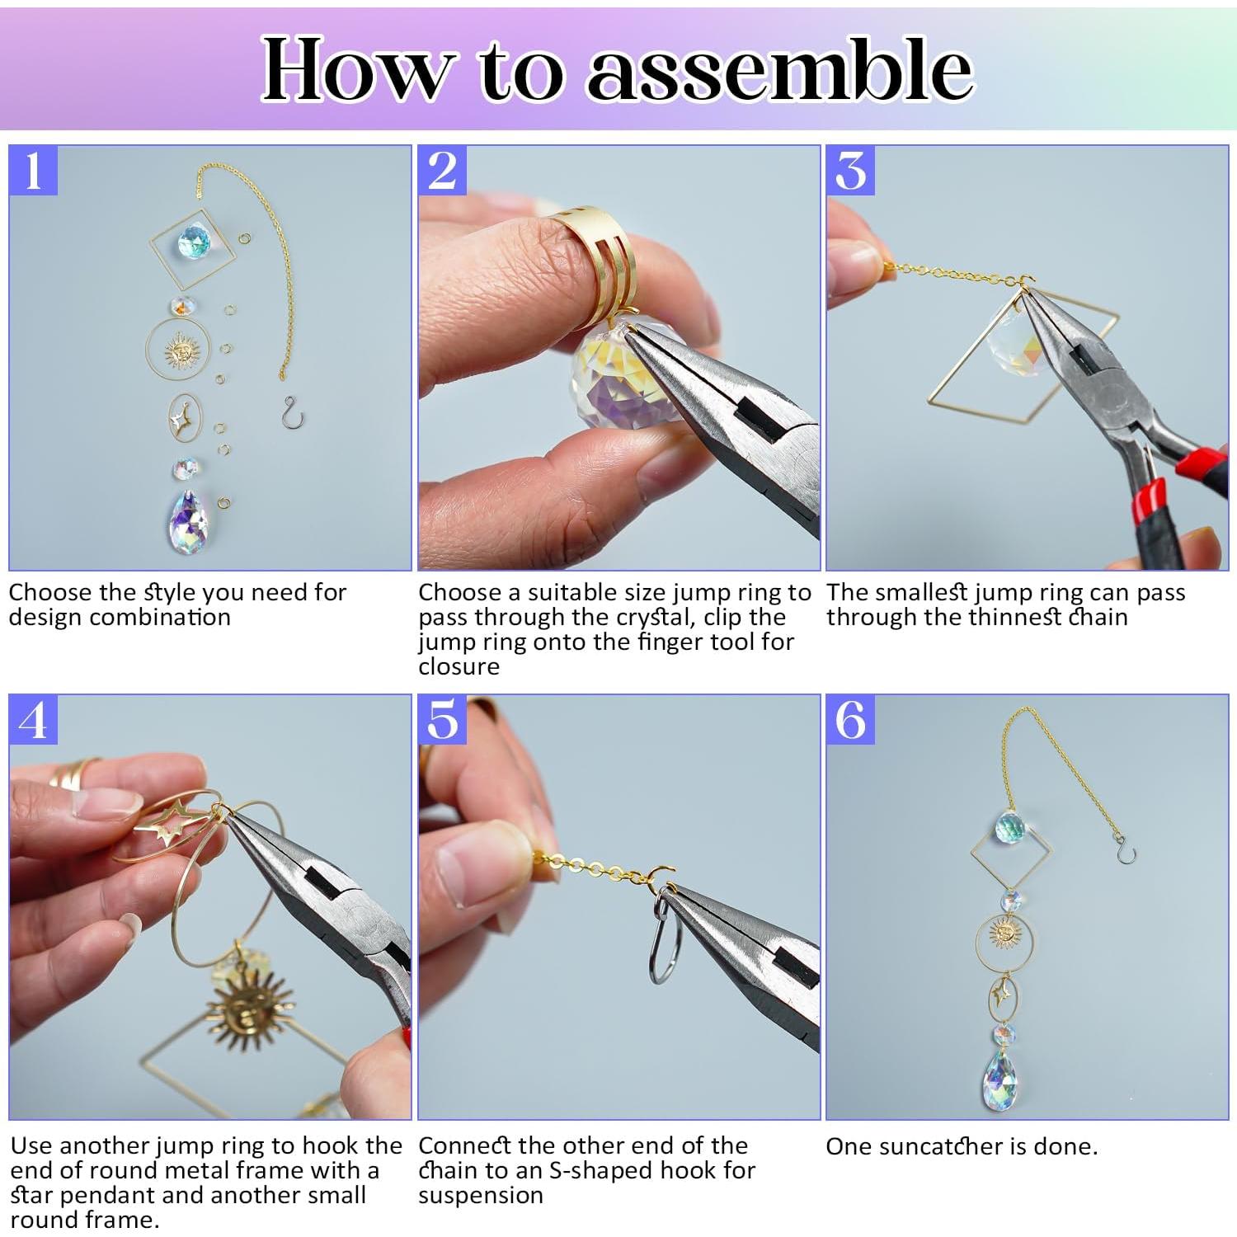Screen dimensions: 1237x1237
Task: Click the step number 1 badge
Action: coord(33,171)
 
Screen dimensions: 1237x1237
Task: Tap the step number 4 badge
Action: coord(33,720)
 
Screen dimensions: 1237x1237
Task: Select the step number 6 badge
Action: coord(850,720)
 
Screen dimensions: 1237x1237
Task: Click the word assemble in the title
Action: coord(779,70)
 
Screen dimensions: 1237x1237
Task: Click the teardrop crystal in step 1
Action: coord(188,521)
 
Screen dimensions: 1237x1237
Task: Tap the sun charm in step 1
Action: coord(182,353)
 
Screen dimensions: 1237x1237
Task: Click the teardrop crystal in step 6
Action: coord(1003,1076)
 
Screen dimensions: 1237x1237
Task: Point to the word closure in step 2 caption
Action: coord(459,666)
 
